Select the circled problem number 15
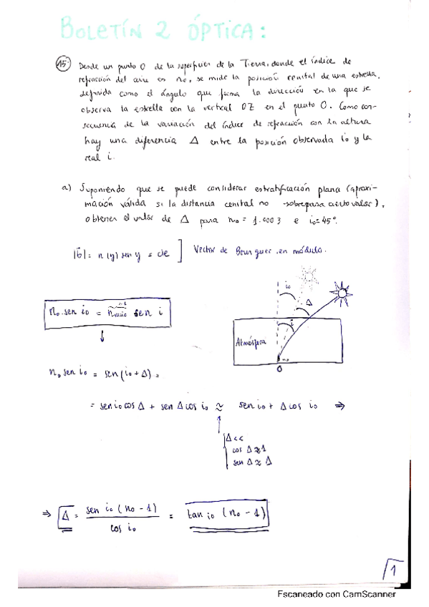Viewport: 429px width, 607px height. [62, 64]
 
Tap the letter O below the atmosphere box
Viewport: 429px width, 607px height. [278, 371]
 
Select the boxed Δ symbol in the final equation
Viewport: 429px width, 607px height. [66, 514]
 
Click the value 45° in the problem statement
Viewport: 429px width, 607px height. [326, 221]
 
